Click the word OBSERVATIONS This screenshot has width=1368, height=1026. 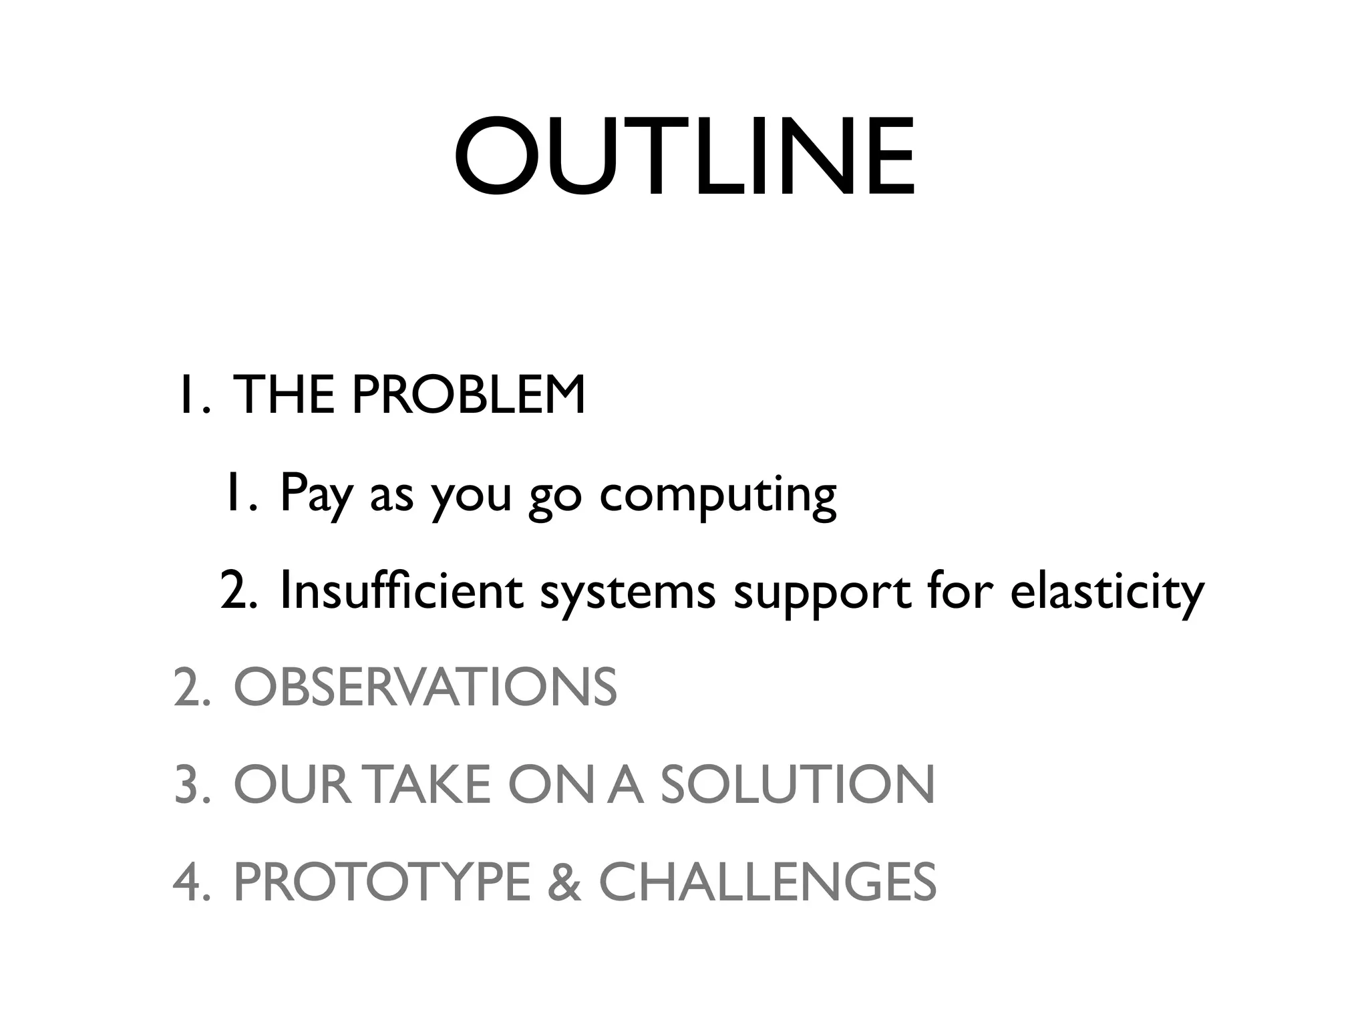click(425, 687)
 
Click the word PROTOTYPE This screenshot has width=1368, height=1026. click(381, 882)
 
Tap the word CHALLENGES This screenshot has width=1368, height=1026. click(767, 882)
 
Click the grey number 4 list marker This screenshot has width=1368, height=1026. click(188, 882)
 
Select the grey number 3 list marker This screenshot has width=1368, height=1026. click(188, 785)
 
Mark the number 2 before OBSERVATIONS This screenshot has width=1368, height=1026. click(188, 687)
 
